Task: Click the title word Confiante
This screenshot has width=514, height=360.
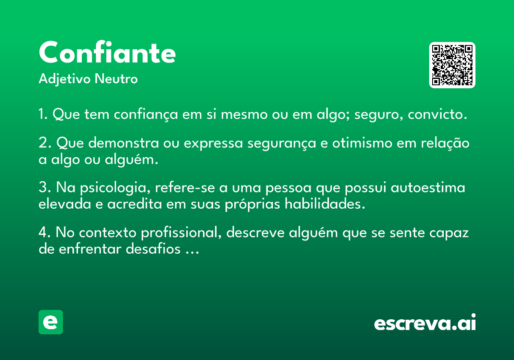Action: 107,52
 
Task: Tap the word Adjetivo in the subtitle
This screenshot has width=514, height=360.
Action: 65,79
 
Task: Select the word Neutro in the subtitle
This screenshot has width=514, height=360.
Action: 116,79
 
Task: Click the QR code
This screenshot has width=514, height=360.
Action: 452,65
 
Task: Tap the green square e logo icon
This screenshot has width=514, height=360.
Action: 51,322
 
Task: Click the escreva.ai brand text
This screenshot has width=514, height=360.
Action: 425,322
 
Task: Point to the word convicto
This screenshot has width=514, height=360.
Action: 437,114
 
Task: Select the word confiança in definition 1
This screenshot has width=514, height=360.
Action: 146,114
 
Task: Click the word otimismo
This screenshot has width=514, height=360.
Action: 362,143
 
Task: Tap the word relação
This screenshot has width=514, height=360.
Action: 445,143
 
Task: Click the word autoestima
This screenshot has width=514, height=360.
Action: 428,188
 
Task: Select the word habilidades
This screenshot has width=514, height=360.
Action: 325,204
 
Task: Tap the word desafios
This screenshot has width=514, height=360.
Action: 153,249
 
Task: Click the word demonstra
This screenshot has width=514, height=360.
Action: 123,143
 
